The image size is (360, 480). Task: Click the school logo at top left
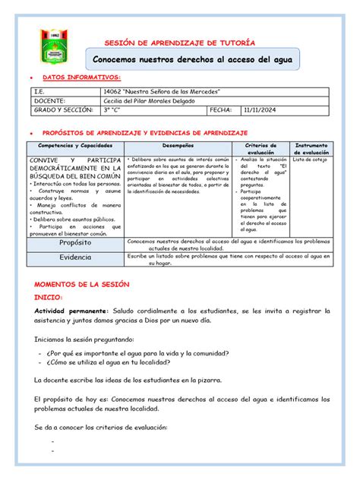[x=54, y=46]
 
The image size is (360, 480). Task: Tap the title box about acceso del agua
[x=192, y=58]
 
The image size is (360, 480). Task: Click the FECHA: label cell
[x=223, y=110]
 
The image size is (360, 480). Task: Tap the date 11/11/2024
[x=258, y=110]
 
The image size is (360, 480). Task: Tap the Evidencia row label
[x=75, y=257]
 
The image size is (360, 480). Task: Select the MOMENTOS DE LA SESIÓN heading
[x=83, y=283]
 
